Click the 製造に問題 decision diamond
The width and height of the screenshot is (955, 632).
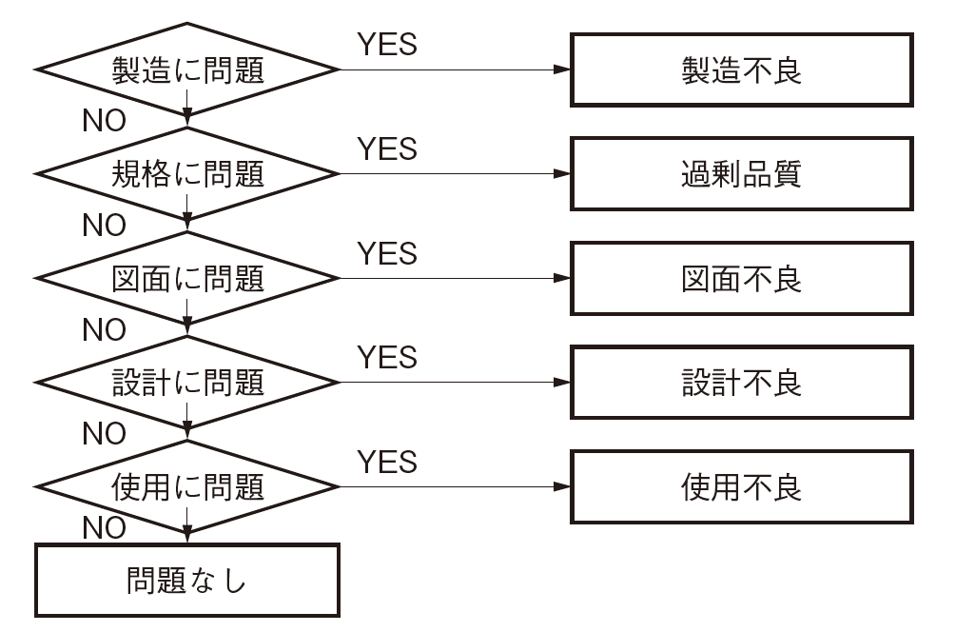186,70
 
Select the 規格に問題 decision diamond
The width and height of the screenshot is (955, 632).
186,174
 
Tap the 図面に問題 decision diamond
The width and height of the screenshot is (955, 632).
186,278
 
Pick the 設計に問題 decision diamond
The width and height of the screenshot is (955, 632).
186,383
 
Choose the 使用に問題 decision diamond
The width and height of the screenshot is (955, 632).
186,486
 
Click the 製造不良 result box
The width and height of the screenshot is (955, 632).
741,70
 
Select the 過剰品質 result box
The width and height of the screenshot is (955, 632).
741,174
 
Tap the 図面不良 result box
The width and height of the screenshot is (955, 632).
741,278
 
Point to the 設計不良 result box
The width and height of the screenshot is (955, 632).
741,383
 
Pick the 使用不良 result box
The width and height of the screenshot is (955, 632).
741,486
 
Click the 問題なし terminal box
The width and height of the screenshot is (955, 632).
186,581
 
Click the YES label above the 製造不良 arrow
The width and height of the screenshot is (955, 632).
386,44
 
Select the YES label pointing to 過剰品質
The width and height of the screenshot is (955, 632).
386,148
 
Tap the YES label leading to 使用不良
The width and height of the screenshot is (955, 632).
386,462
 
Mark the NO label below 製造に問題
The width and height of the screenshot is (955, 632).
104,122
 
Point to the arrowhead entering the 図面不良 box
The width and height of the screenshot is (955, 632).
562,278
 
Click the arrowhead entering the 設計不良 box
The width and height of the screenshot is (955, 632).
562,383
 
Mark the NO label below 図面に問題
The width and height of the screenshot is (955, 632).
104,330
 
